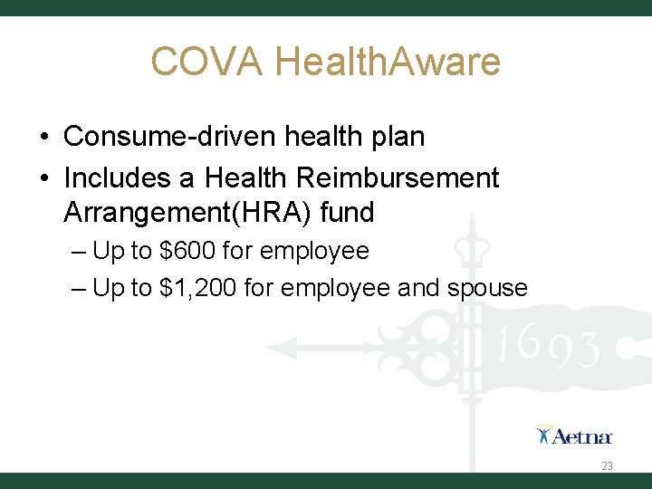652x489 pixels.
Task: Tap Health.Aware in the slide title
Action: click(388, 62)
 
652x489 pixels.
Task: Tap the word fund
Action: click(352, 214)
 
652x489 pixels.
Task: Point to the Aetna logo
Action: click(574, 436)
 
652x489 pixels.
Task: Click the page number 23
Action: click(607, 466)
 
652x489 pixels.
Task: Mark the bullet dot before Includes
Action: click(44, 177)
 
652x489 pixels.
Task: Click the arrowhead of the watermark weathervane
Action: click(276, 346)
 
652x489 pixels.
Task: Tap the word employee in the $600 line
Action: click(314, 251)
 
